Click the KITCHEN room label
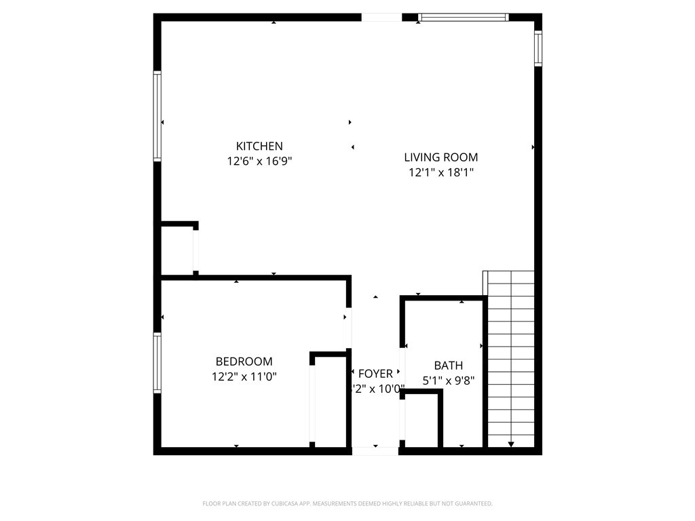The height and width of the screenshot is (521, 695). [x=259, y=146]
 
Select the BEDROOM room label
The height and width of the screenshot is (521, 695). [x=244, y=362]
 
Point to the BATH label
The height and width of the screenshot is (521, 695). [x=448, y=366]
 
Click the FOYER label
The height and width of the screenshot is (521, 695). [x=375, y=374]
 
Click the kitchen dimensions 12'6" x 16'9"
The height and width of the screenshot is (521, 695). [x=259, y=161]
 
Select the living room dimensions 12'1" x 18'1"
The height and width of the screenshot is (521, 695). [x=440, y=172]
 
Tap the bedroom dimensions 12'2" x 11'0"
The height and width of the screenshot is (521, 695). [x=244, y=377]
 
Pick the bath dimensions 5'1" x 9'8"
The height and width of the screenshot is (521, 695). [x=448, y=381]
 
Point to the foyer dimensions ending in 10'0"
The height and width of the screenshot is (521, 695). [x=378, y=389]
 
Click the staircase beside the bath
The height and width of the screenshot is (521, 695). [x=511, y=356]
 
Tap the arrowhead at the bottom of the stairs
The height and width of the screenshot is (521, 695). [x=511, y=444]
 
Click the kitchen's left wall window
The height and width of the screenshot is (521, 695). [x=157, y=117]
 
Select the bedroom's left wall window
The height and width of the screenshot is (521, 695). [x=157, y=363]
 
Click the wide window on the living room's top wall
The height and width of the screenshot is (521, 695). [x=464, y=18]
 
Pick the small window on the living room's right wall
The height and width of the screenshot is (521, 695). [x=538, y=47]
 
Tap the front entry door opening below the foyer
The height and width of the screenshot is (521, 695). [x=375, y=450]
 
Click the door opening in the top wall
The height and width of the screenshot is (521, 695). [x=381, y=18]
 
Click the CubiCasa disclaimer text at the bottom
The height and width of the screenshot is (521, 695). [x=347, y=503]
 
